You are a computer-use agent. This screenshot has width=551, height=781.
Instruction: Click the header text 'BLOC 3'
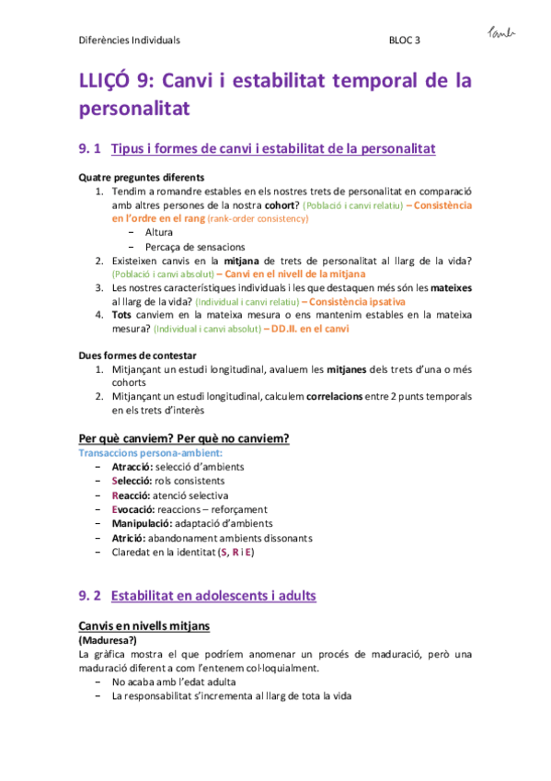(405, 41)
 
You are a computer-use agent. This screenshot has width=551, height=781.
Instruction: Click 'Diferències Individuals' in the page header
(129, 41)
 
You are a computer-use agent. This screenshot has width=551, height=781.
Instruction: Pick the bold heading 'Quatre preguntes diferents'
(142, 177)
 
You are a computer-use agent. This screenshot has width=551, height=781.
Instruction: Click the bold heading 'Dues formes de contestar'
(138, 355)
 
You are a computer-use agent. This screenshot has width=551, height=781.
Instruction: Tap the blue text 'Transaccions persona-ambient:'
(150, 453)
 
